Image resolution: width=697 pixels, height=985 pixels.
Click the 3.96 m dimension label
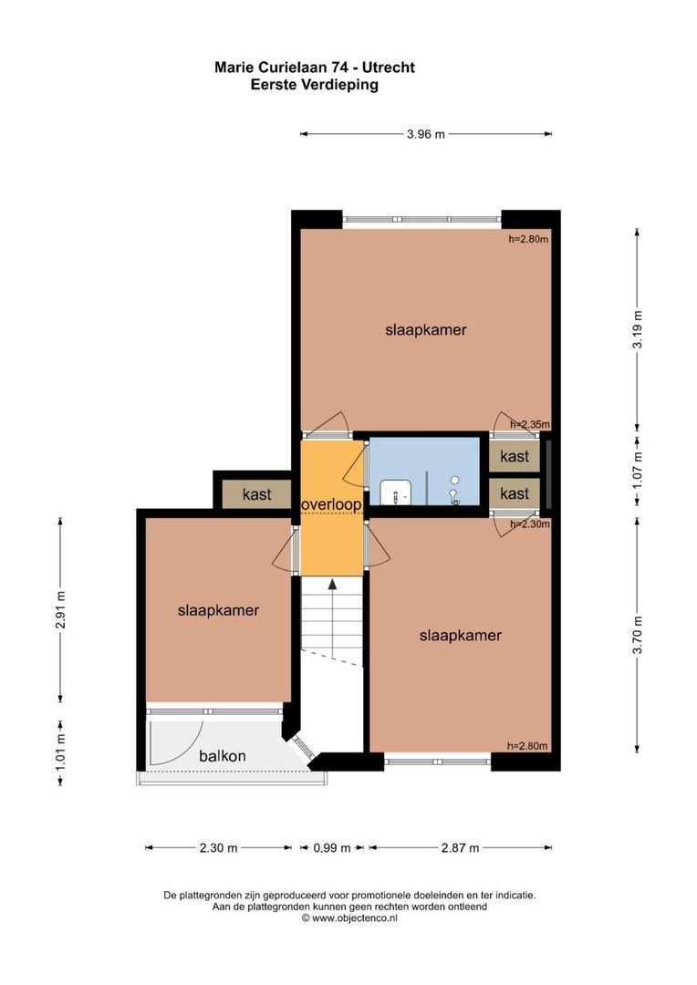tap(426, 135)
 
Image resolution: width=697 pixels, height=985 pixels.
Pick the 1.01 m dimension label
tap(61, 753)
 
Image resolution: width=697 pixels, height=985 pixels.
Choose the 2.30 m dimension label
tap(218, 847)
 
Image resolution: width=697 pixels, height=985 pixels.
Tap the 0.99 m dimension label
tap(331, 847)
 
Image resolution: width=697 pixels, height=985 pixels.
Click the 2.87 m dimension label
tap(460, 847)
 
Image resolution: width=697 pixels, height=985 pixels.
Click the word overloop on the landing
tap(331, 503)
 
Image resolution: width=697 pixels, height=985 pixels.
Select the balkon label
tap(223, 755)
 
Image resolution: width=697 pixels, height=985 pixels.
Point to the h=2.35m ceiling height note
tap(528, 425)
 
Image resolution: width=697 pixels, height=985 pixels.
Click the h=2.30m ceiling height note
tap(528, 524)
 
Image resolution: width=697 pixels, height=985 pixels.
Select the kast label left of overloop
tap(256, 494)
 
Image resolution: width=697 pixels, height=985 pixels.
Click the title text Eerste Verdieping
tap(314, 84)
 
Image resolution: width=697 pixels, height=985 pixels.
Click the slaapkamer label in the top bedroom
tap(426, 330)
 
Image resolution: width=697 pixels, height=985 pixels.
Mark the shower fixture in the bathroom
tap(453, 493)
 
